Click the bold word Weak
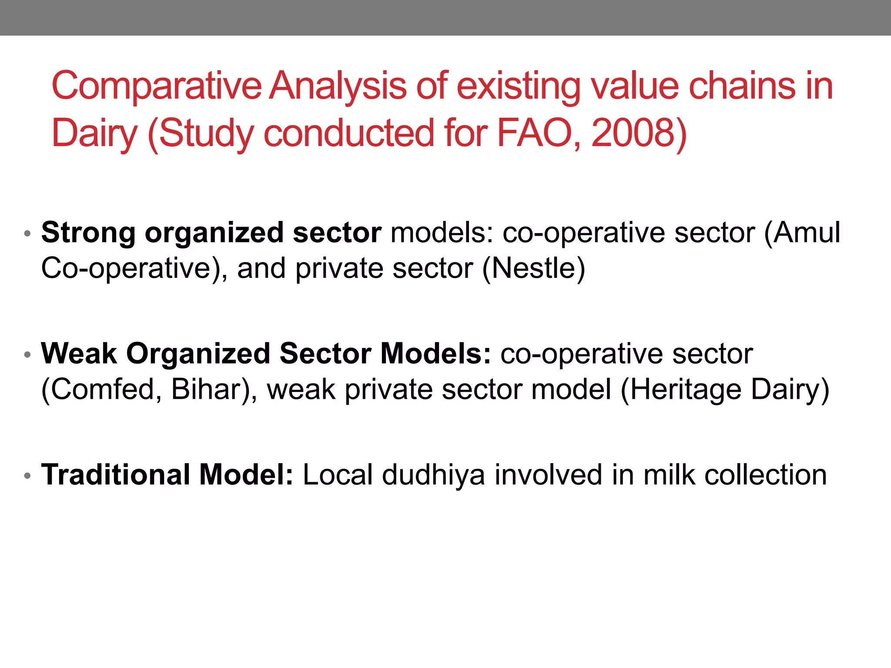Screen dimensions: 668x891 click(79, 354)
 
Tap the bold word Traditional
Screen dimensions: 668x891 click(116, 474)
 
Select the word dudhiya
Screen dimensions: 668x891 click(433, 475)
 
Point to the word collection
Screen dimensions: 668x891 click(766, 474)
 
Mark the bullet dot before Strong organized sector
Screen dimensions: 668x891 click(27, 234)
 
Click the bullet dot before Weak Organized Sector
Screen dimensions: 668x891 click(27, 355)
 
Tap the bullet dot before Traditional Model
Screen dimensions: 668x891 click(27, 476)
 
